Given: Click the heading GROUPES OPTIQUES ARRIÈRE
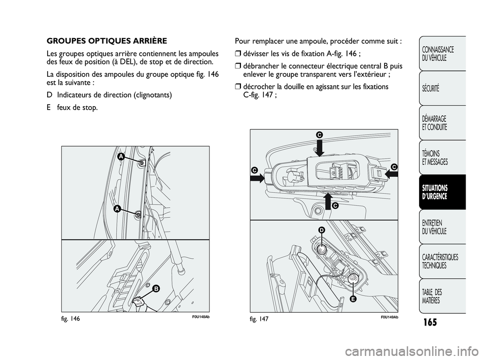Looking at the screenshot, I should click(107, 41).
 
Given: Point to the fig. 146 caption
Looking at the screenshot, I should click(71, 318).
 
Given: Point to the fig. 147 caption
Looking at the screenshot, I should click(259, 318).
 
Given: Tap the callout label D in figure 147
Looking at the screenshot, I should click(322, 231).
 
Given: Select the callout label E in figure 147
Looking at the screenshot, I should click(351, 299).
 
